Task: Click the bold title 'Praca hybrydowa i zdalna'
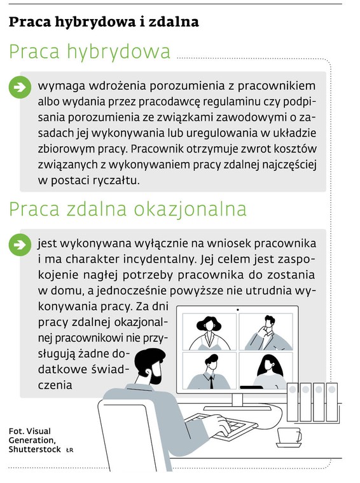104,22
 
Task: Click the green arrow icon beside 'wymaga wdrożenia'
20,87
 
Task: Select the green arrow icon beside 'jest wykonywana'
20,244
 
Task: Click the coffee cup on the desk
289,436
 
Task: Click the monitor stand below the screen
237,400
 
